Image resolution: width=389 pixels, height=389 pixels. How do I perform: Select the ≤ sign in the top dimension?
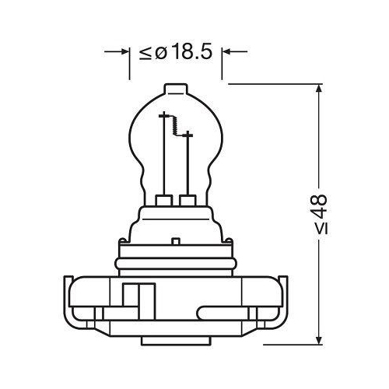pyautogui.click(x=145, y=53)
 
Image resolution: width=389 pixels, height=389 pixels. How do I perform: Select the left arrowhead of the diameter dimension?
pyautogui.click(x=124, y=52)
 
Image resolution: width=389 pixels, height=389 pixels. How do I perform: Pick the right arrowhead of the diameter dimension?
pyautogui.click(x=228, y=52)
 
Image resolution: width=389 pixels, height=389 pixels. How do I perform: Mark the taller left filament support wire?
pyautogui.click(x=164, y=156)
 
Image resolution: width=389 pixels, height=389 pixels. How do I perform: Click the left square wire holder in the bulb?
pyautogui.click(x=164, y=202)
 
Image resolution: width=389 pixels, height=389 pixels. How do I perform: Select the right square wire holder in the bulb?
pyautogui.click(x=186, y=202)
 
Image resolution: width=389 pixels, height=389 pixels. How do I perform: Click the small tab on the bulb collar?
pyautogui.click(x=177, y=239)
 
